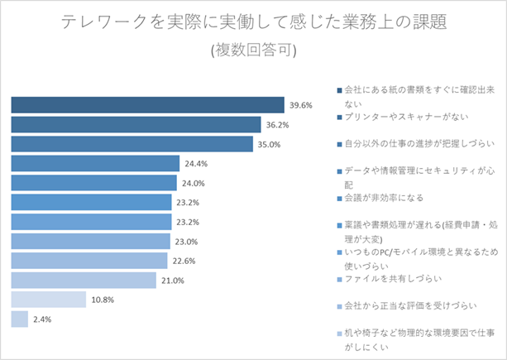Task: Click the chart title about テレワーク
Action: pos(254,22)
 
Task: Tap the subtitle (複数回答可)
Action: pos(254,50)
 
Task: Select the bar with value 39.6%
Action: pos(148,104)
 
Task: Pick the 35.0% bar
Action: pos(132,144)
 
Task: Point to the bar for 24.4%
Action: pos(95,163)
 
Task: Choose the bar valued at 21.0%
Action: pos(84,281)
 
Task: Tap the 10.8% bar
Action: pos(49,300)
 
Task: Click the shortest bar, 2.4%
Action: pos(20,319)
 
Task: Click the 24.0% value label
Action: pos(193,183)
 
